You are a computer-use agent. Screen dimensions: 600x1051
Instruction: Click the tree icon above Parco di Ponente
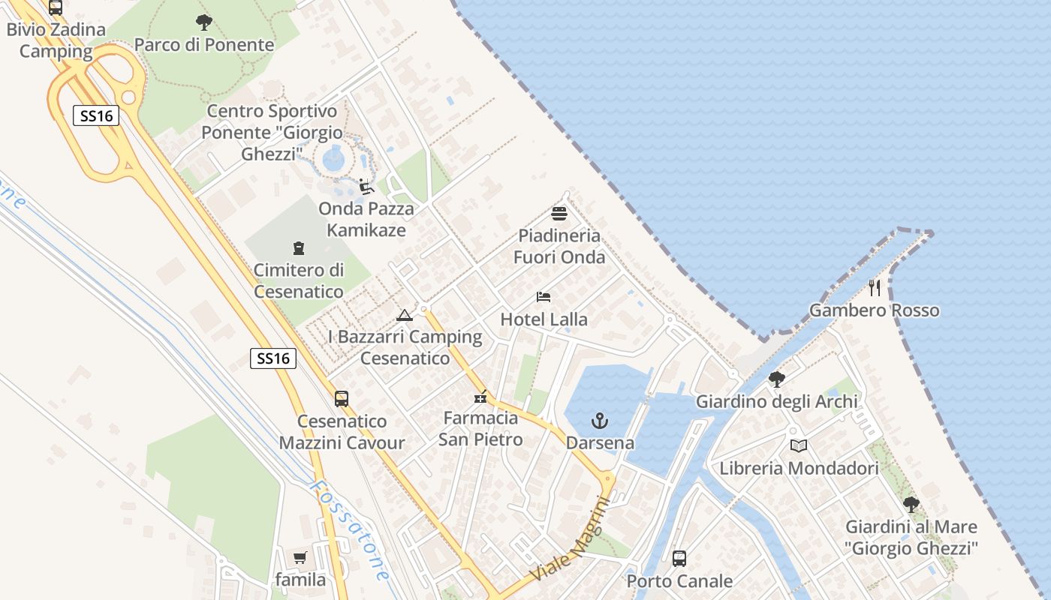pyautogui.click(x=203, y=22)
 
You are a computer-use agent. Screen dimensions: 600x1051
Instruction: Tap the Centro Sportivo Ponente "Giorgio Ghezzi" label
pyautogui.click(x=272, y=133)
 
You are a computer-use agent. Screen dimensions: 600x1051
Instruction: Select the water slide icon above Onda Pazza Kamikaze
pyautogui.click(x=366, y=187)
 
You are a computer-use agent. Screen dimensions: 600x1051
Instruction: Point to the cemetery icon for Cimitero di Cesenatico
pyautogui.click(x=299, y=248)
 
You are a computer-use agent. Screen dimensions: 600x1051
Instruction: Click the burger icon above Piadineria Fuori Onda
pyautogui.click(x=559, y=214)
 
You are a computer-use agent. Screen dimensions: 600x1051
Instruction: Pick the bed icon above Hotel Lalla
pyautogui.click(x=544, y=298)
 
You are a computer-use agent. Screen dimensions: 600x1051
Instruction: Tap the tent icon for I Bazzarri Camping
pyautogui.click(x=405, y=316)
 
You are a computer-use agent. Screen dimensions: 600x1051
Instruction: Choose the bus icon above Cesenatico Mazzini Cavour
pyautogui.click(x=342, y=399)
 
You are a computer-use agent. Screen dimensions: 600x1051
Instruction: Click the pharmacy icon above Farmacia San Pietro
pyautogui.click(x=480, y=397)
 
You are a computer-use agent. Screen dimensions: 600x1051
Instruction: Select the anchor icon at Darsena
pyautogui.click(x=600, y=421)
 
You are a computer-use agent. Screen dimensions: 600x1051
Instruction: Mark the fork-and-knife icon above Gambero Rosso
pyautogui.click(x=875, y=288)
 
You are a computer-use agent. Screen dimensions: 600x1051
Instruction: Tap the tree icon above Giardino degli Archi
pyautogui.click(x=777, y=379)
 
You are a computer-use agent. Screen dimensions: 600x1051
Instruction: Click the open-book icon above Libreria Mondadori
pyautogui.click(x=799, y=446)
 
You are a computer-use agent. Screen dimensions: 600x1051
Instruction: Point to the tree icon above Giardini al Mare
pyautogui.click(x=911, y=505)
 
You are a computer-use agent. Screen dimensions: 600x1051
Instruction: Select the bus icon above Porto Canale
pyautogui.click(x=679, y=559)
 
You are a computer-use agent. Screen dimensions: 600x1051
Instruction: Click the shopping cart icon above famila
pyautogui.click(x=300, y=557)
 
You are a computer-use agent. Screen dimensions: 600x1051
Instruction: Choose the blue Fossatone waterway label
pyautogui.click(x=351, y=529)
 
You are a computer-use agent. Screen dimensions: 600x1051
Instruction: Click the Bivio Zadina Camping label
pyautogui.click(x=56, y=41)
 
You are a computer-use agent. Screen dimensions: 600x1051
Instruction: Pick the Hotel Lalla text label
pyautogui.click(x=544, y=319)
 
